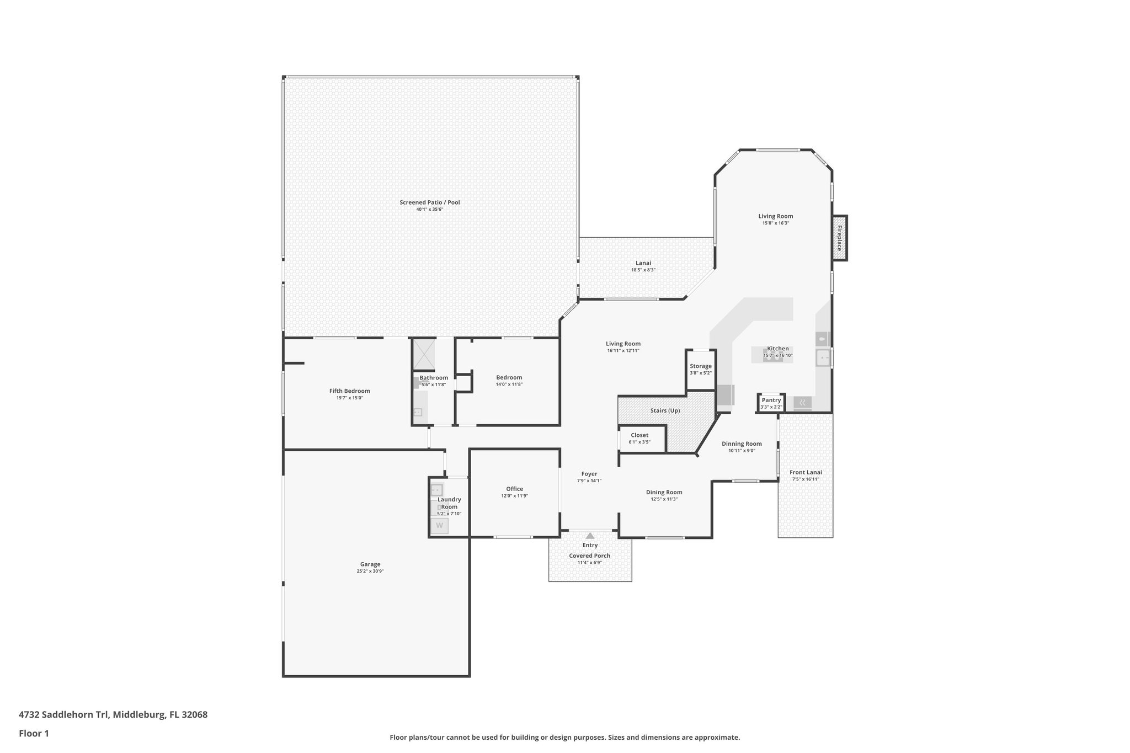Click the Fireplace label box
(x=840, y=238)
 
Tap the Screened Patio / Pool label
(x=429, y=202)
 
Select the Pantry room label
(x=771, y=400)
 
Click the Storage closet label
(x=700, y=366)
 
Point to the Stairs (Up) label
(x=665, y=410)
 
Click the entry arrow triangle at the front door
(x=590, y=536)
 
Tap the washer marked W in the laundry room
(x=440, y=526)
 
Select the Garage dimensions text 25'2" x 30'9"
(x=370, y=572)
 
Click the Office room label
(x=514, y=489)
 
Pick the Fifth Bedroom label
(x=349, y=391)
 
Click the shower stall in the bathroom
(x=424, y=354)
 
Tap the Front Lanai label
(x=806, y=472)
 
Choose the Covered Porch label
(x=589, y=556)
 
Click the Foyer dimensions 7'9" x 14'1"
(x=589, y=481)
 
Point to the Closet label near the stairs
(x=639, y=435)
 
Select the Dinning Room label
(x=742, y=444)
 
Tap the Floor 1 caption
(x=34, y=734)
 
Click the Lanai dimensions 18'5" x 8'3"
(x=643, y=270)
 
